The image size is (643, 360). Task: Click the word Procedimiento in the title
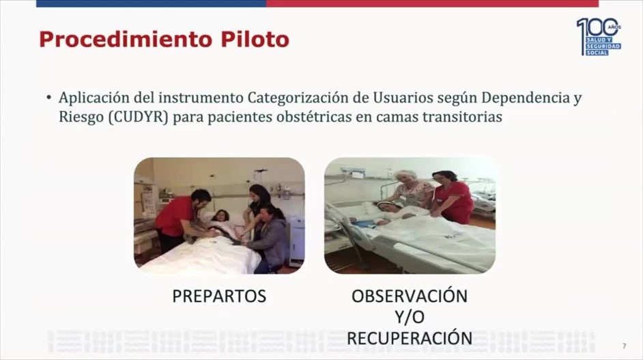point(126,40)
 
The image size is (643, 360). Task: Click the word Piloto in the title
point(255,40)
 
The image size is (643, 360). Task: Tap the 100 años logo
point(599,36)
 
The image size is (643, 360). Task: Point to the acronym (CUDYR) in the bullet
point(139,117)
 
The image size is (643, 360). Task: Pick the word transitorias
point(463,117)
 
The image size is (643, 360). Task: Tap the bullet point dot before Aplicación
point(48,98)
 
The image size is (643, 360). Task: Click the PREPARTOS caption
point(219,296)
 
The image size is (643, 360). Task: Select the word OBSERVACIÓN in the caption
point(410,296)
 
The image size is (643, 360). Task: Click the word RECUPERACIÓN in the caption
point(410,338)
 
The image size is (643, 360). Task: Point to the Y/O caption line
point(410,317)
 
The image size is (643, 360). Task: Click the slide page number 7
point(624,346)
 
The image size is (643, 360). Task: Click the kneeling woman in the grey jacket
point(268,238)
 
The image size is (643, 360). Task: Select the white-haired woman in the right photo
point(410,190)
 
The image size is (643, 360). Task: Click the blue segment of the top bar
point(151,3)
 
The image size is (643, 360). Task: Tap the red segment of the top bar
point(432,3)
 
